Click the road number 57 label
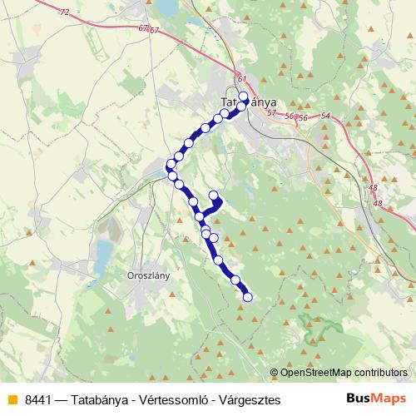pyautogui.click(x=271, y=111)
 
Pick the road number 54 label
pyautogui.click(x=324, y=117)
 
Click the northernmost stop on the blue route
pyautogui.click(x=243, y=96)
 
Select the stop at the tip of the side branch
pyautogui.click(x=213, y=196)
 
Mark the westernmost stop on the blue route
pyautogui.click(x=171, y=164)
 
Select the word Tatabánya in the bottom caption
pyautogui.click(x=110, y=400)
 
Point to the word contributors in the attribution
pyautogui.click(x=382, y=374)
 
